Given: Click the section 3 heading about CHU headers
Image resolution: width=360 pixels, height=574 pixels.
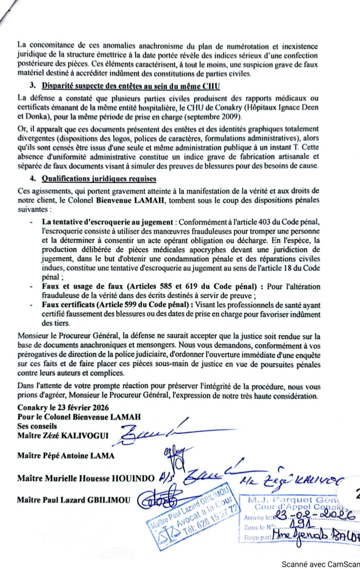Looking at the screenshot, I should coord(131,86).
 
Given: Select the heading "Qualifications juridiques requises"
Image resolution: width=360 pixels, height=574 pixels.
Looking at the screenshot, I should coord(99,179).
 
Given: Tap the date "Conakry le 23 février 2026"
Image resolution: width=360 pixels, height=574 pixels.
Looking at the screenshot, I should coord(63,408).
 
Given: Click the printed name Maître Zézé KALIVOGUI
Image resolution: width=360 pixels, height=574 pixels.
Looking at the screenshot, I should coord(63,435).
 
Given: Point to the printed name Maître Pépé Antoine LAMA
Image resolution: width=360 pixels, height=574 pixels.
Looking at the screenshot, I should coord(66,455).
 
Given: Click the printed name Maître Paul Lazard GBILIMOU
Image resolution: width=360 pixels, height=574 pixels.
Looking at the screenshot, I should coord(73,500).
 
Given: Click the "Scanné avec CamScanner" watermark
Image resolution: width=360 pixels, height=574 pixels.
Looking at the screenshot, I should coord(321,565).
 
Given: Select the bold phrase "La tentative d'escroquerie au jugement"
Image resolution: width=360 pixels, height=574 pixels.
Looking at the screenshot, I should coord(107,222).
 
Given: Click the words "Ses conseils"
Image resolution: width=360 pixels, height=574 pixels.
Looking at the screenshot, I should coord(37,426).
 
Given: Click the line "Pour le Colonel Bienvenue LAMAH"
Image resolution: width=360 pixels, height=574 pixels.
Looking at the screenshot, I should coord(79,417).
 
